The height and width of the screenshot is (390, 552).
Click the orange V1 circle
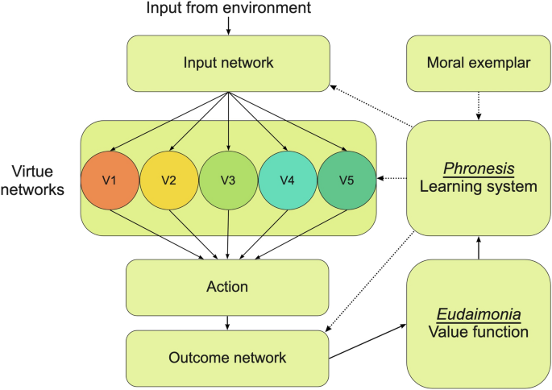[x=110, y=179]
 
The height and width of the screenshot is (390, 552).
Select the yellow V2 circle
[x=169, y=179]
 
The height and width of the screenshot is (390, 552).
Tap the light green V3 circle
[x=228, y=179]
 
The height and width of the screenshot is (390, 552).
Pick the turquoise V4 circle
[x=287, y=179]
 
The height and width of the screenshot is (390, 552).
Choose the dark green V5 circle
[x=347, y=179]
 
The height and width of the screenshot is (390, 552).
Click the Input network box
[x=228, y=62]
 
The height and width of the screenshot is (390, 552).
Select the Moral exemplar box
[x=478, y=62]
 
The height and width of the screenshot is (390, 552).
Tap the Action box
[x=228, y=287]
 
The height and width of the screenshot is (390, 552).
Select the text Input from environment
[x=228, y=9]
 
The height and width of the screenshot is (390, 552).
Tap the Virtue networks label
[x=37, y=180]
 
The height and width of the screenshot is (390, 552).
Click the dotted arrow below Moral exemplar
[x=478, y=105]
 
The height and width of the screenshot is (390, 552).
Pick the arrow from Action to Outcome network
[x=228, y=322]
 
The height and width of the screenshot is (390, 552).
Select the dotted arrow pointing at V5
[x=392, y=179]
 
